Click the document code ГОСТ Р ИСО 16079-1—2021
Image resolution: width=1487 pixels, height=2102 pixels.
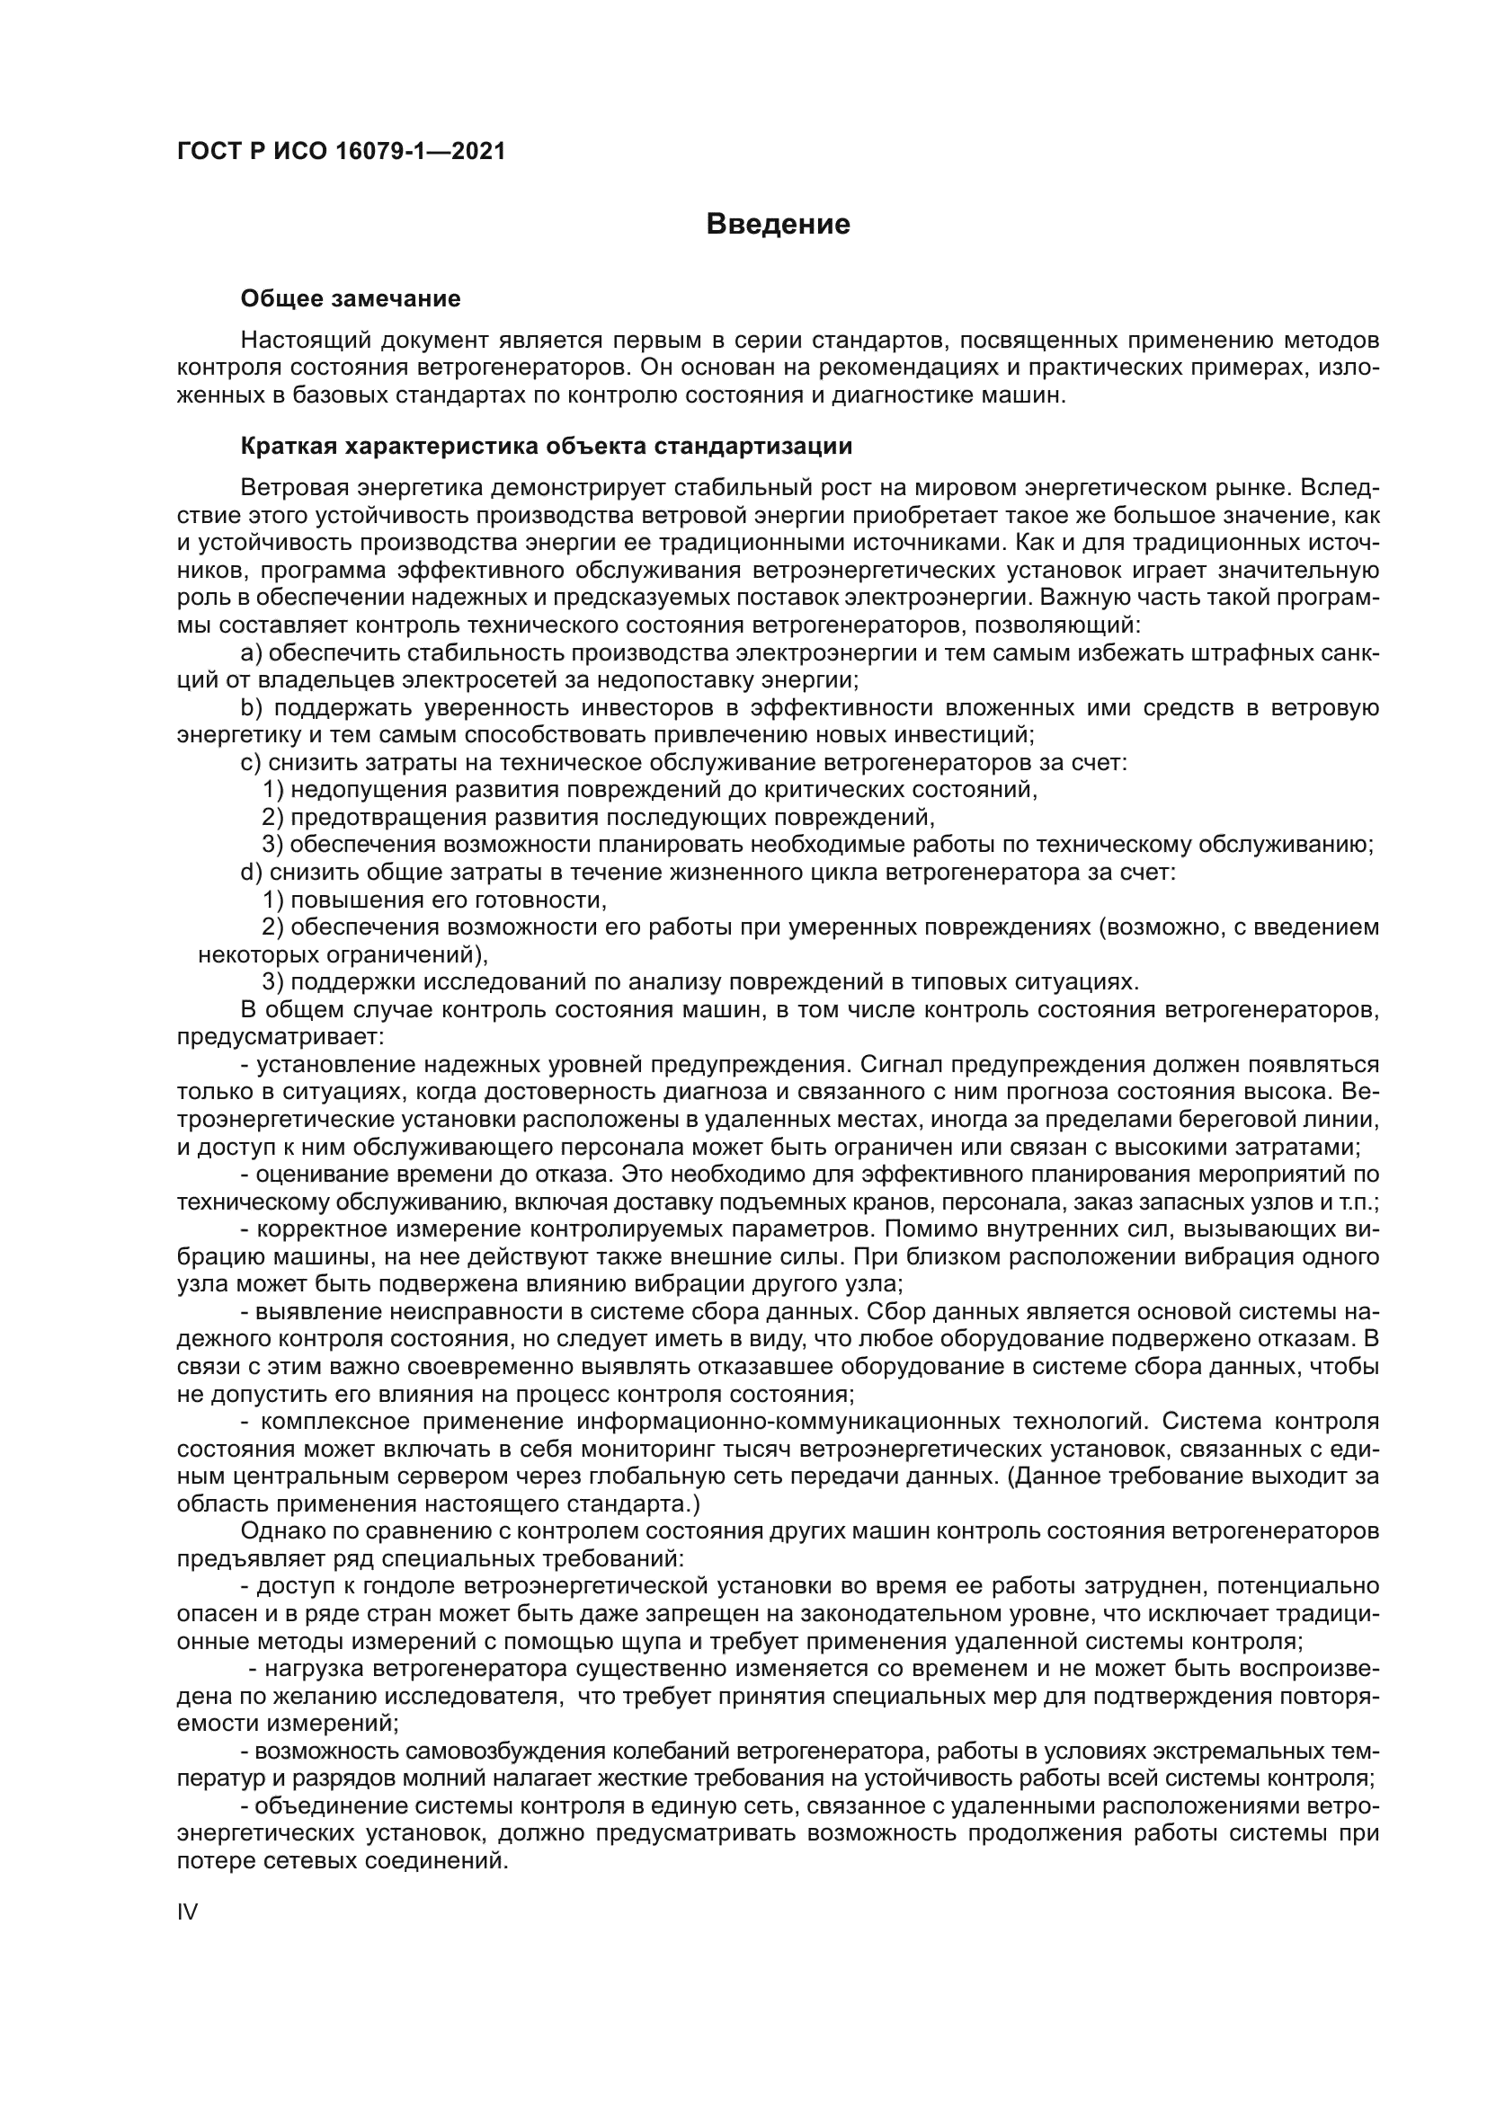[x=341, y=151]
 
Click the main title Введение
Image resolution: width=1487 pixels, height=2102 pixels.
[x=779, y=225]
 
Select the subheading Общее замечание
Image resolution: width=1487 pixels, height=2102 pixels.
[x=350, y=298]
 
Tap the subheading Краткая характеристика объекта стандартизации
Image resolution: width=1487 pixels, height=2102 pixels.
[x=546, y=446]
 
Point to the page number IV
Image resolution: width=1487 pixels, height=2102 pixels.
[x=187, y=1911]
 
